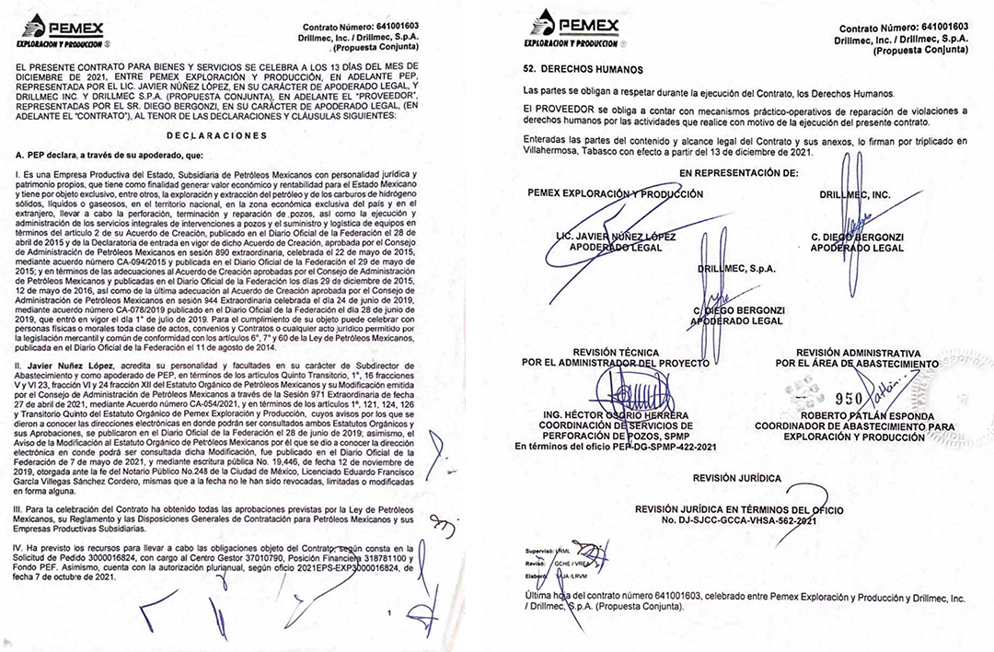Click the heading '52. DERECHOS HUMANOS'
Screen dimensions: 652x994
click(583, 69)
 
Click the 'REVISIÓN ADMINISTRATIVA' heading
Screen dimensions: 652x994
click(858, 353)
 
